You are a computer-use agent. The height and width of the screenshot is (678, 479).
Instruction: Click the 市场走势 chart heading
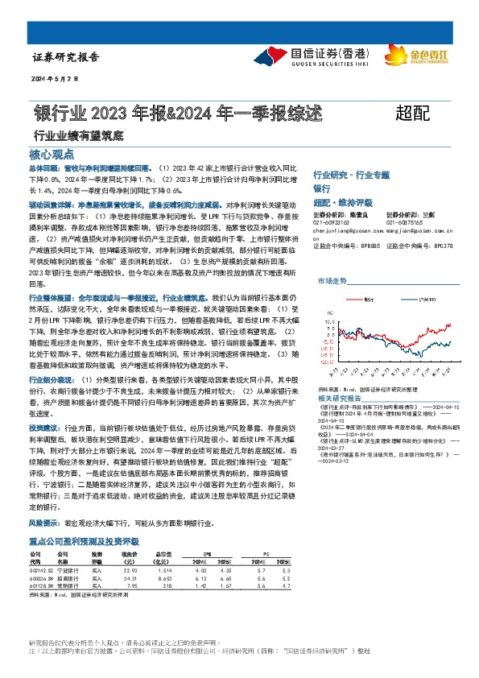point(331,281)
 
